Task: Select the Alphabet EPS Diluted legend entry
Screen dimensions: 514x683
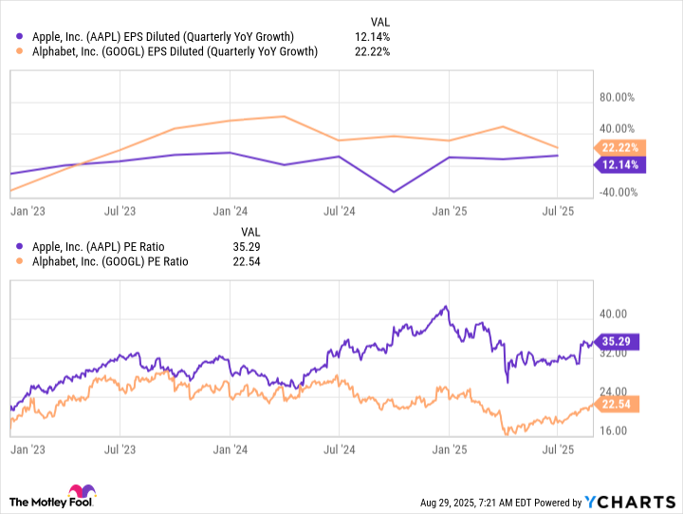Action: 170,51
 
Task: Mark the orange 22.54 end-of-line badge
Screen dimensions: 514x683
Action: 619,404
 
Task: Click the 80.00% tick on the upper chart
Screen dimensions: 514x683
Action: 618,97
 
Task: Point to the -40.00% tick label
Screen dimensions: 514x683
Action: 617,192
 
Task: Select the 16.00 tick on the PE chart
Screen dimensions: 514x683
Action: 614,430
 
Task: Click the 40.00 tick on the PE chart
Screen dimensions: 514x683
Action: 614,314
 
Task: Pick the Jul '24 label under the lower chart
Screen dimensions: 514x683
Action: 339,447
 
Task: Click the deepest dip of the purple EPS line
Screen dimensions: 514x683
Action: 394,192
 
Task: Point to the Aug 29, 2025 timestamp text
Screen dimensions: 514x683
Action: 482,502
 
